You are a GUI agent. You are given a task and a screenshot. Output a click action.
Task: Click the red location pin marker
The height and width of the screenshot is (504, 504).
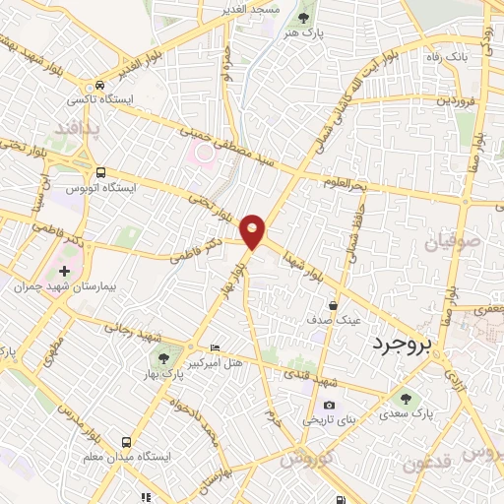click(253, 231)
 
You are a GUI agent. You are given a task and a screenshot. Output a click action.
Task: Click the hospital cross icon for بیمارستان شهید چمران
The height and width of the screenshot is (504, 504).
click(65, 271)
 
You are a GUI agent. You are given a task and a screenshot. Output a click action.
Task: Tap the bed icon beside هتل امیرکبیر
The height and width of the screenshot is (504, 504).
click(216, 348)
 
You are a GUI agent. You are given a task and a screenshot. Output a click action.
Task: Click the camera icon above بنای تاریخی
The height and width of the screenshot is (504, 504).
click(329, 405)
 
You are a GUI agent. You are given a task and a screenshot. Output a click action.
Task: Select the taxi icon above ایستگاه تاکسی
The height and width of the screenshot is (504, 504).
click(99, 85)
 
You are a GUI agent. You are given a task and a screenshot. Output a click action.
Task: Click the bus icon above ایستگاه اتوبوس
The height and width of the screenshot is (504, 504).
click(97, 170)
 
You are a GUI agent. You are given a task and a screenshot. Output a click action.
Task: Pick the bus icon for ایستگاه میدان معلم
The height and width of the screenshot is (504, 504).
click(126, 443)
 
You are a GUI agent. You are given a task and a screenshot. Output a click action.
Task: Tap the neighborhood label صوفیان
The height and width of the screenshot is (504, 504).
click(452, 242)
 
